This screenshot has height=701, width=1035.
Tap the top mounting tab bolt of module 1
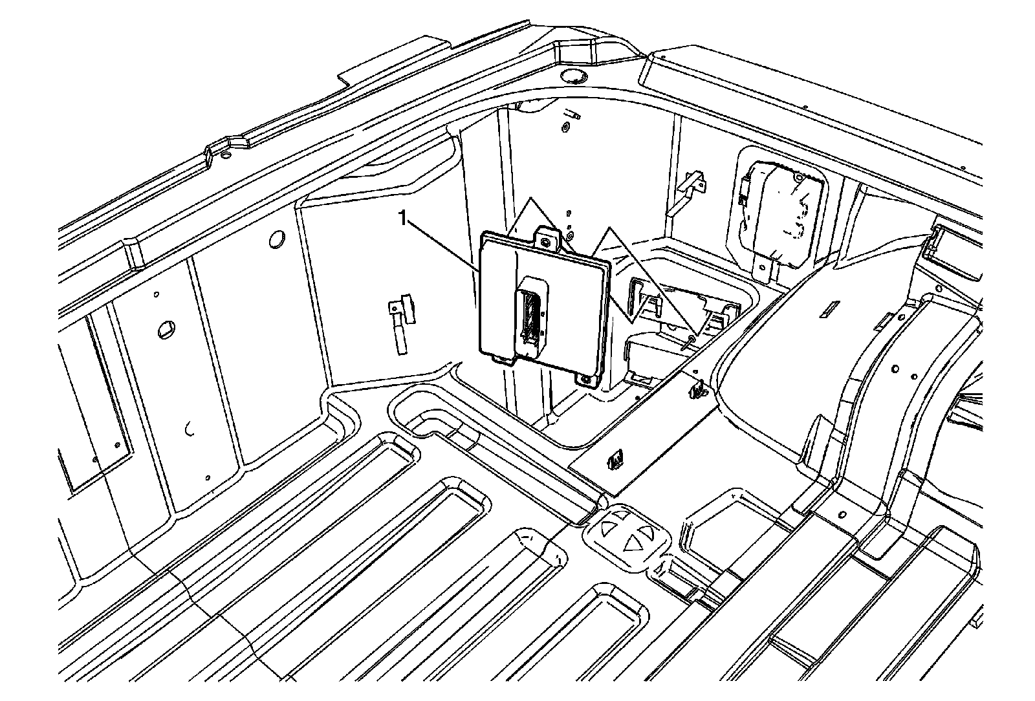[547, 243]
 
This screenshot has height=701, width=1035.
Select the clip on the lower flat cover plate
[615, 460]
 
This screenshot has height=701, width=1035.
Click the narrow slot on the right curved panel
[828, 312]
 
